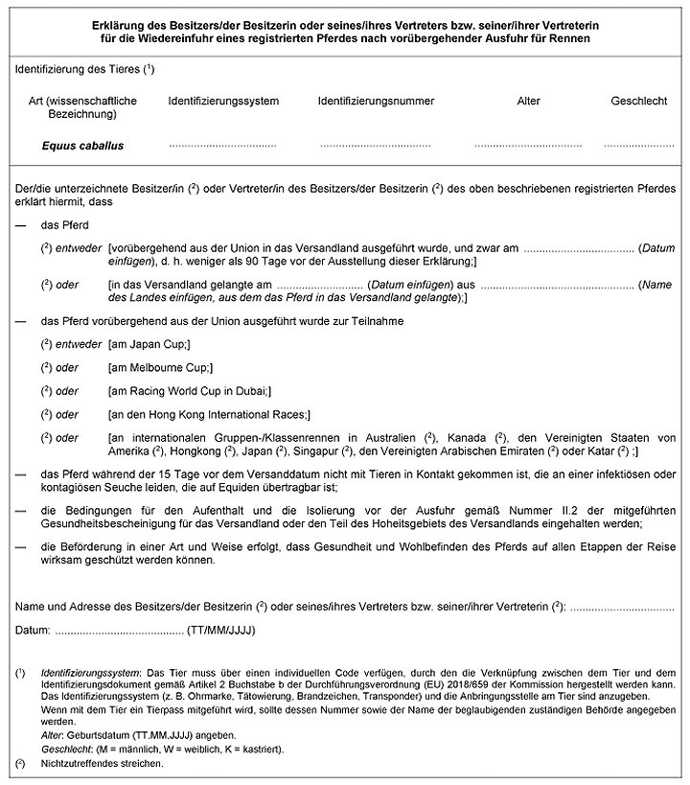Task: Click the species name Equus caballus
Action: pos(82,147)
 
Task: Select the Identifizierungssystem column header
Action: pos(223,101)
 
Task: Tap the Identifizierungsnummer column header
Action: pos(376,101)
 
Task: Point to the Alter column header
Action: pos(528,101)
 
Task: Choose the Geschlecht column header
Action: pos(638,101)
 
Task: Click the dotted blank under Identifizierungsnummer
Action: pos(376,147)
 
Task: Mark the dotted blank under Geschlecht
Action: pos(638,147)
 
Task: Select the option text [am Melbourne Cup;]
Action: pos(160,367)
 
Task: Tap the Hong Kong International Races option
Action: pos(210,415)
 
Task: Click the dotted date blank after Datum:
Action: pos(119,631)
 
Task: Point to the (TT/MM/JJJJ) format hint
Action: pos(221,631)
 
